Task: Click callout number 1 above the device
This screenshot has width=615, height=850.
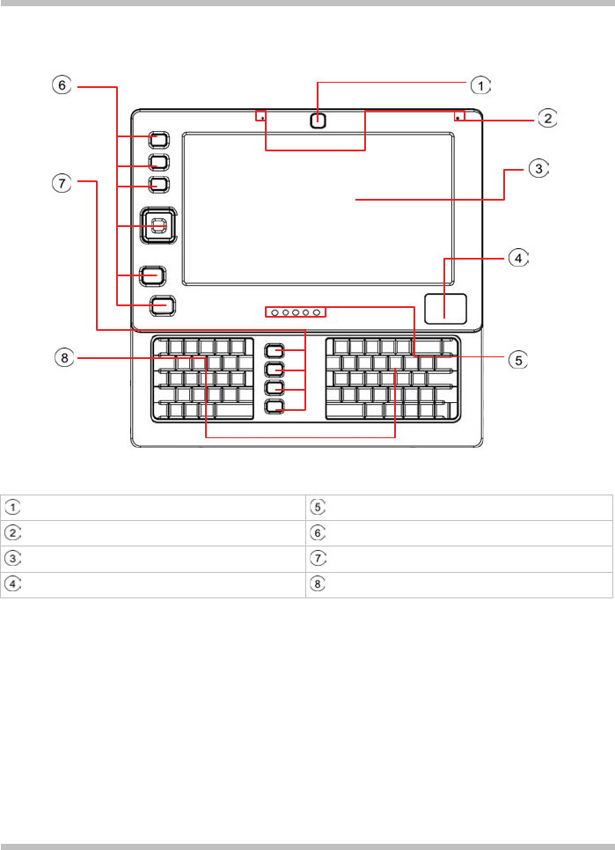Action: tap(480, 85)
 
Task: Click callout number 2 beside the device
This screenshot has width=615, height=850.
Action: tap(547, 118)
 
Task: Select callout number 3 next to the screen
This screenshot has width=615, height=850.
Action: tap(539, 169)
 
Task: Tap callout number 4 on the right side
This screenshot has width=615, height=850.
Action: tap(519, 259)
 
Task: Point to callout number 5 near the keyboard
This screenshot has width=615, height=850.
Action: tap(519, 359)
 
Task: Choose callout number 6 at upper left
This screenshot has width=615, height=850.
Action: tap(59, 85)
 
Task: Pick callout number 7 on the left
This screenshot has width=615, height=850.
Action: tap(59, 183)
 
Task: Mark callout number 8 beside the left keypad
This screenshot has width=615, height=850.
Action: tap(59, 357)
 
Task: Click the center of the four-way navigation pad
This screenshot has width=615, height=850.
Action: tap(157, 226)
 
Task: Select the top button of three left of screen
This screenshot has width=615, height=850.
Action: tap(158, 140)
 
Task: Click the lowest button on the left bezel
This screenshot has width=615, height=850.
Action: tap(163, 305)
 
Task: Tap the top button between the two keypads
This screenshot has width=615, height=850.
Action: tap(275, 350)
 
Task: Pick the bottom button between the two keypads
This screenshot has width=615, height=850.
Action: tap(275, 407)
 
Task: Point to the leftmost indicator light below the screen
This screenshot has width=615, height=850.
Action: tap(274, 312)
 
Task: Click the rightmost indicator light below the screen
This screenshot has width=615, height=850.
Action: tap(316, 312)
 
